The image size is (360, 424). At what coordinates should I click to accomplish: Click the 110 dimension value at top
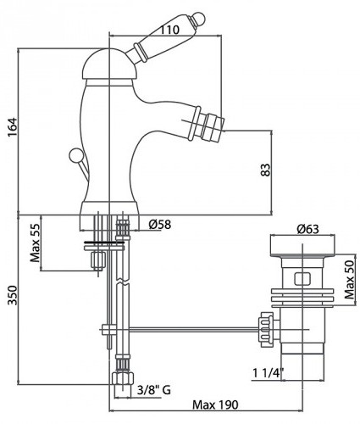pyautogui.click(x=169, y=30)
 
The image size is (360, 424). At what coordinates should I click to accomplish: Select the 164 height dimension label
pyautogui.click(x=13, y=127)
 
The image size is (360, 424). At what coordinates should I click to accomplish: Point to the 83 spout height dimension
pyautogui.click(x=265, y=170)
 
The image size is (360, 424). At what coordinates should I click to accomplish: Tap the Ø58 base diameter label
pyautogui.click(x=160, y=225)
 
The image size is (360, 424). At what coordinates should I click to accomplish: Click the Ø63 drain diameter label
pyautogui.click(x=307, y=229)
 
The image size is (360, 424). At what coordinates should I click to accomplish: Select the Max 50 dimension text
pyautogui.click(x=349, y=280)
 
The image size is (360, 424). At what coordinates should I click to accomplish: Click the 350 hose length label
pyautogui.click(x=13, y=296)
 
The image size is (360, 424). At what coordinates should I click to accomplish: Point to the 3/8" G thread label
pyautogui.click(x=154, y=390)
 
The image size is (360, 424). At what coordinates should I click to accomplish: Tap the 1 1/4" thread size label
pyautogui.click(x=268, y=373)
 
